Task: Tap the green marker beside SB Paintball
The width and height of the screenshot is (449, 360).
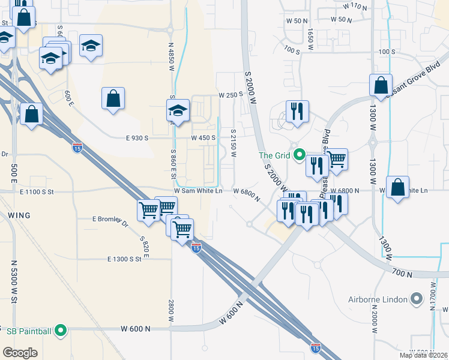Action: click(x=61, y=330)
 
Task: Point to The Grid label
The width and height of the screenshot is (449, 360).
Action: click(x=274, y=155)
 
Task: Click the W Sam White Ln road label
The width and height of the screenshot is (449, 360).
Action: click(x=198, y=191)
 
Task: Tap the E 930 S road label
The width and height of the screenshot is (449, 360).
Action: click(x=137, y=138)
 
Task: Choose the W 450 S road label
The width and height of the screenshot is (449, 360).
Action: click(x=203, y=138)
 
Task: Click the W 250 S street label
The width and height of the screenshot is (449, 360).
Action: click(x=230, y=95)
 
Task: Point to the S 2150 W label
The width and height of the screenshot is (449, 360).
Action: click(x=234, y=142)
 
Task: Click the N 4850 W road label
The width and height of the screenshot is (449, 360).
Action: click(x=171, y=57)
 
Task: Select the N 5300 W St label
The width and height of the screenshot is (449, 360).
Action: click(x=14, y=280)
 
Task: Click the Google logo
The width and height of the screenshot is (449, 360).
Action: click(x=20, y=353)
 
